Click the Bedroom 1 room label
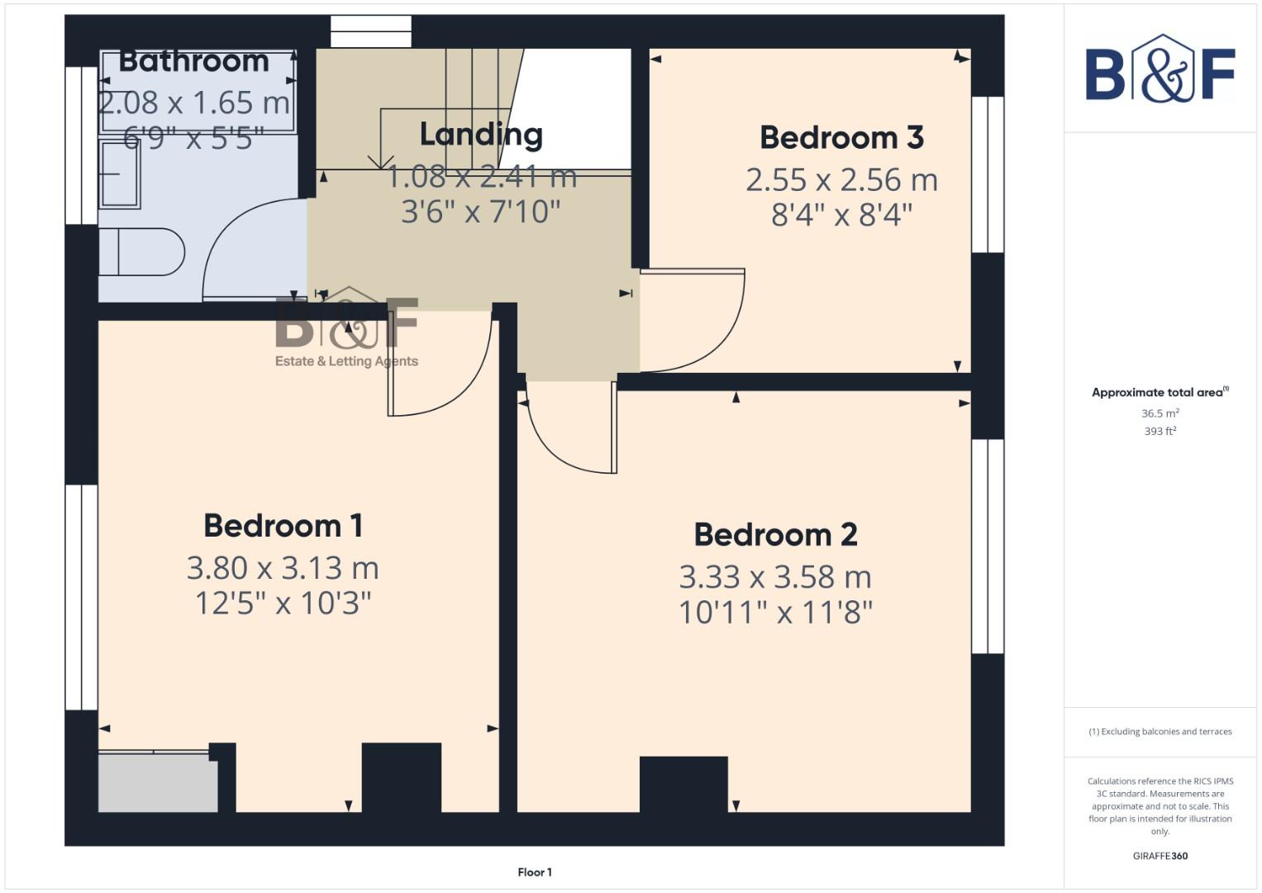[283, 526]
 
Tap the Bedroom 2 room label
[775, 535]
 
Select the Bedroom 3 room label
[841, 138]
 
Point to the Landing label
[481, 134]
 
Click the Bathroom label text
[194, 61]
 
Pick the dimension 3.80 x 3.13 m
[283, 568]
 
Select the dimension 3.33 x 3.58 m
[775, 577]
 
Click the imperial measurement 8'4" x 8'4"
[841, 215]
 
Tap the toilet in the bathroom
[140, 251]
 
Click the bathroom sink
[119, 174]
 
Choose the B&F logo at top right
[1160, 69]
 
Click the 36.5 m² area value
[1160, 413]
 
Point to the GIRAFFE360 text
[1160, 856]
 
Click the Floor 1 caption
[535, 872]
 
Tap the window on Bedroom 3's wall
[988, 174]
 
